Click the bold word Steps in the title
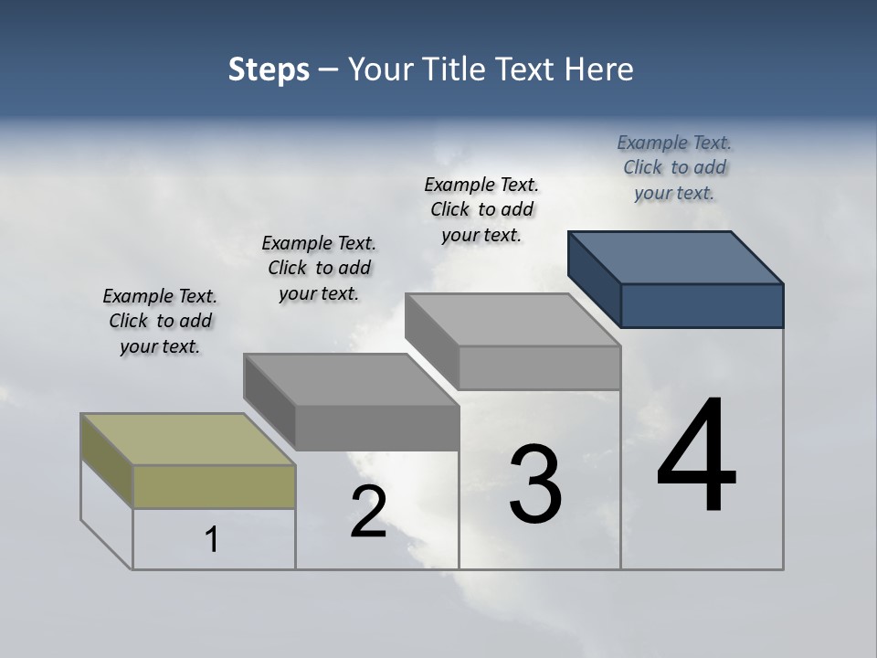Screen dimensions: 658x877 tap(269, 69)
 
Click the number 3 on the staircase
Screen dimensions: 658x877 tap(535, 483)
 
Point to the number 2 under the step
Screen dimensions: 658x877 tap(368, 512)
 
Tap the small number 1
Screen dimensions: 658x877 tap(212, 539)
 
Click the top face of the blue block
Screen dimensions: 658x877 tap(676, 258)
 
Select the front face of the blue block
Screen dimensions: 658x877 tap(702, 305)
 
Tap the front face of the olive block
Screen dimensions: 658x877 tap(214, 486)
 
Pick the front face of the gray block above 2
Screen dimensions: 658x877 tap(376, 428)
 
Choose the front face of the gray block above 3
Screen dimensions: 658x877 tap(539, 367)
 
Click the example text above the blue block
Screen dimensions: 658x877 tap(674, 167)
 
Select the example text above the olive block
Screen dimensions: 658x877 tap(160, 321)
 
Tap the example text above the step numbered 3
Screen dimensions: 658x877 tap(481, 209)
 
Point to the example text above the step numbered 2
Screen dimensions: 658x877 tap(319, 268)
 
